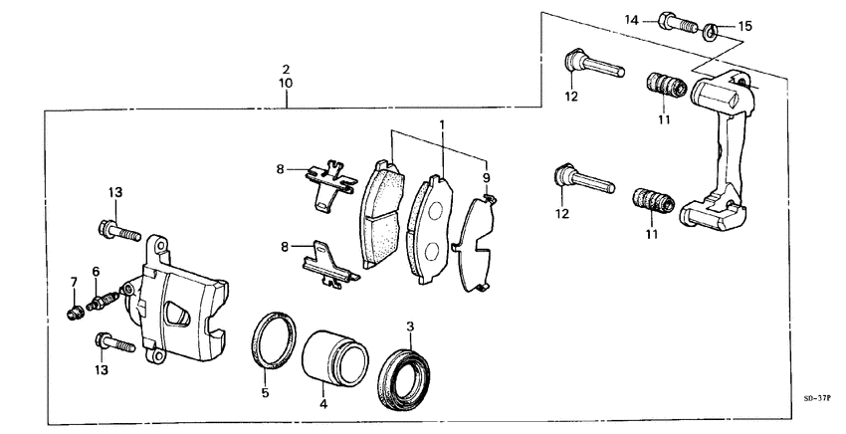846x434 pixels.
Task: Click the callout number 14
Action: point(631,19)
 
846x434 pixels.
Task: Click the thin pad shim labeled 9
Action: point(477,244)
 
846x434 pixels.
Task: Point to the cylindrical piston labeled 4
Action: point(332,354)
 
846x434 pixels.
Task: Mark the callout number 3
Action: point(410,326)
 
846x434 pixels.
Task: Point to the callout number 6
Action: point(96,272)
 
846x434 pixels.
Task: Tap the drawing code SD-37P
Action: point(816,398)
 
